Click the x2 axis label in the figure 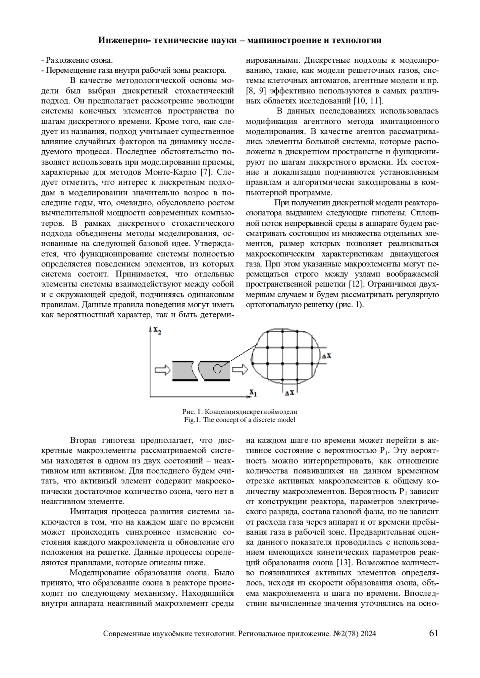156,331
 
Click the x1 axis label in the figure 253,393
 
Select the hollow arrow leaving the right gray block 239,370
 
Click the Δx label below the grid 290,393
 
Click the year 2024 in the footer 368,634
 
